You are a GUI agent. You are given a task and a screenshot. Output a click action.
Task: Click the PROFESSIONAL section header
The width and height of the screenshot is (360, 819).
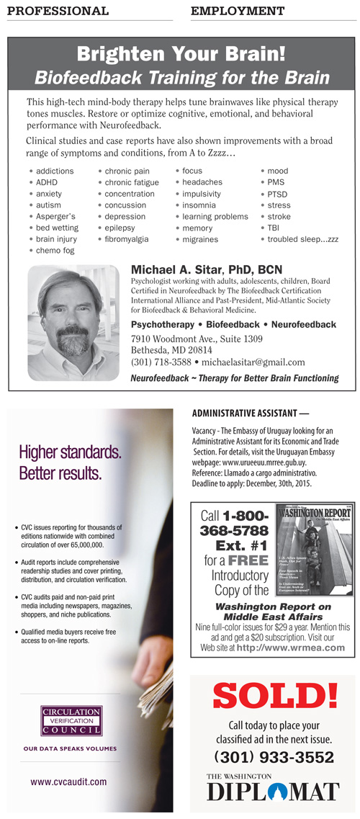(58, 11)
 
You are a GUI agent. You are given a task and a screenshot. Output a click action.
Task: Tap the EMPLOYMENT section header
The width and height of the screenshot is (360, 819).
(237, 11)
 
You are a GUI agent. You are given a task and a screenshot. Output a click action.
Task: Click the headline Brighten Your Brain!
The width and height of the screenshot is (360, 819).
(181, 53)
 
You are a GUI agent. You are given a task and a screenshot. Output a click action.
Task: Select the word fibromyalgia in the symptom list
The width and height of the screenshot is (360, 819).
(127, 239)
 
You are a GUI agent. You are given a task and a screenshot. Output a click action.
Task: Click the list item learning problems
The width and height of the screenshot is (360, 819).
(215, 216)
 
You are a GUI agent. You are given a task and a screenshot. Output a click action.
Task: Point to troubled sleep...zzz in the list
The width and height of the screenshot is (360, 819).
(302, 239)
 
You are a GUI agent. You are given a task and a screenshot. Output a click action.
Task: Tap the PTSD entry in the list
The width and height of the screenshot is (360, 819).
(277, 194)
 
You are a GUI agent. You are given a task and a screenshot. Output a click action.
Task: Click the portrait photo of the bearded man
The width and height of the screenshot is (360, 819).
(73, 323)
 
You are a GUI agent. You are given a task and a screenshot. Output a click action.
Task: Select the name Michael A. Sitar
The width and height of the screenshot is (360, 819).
(179, 269)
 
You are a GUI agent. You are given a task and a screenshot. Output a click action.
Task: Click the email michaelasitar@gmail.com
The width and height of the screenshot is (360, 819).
(253, 362)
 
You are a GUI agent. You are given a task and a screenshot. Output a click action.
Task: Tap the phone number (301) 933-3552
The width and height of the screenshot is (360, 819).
(274, 758)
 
